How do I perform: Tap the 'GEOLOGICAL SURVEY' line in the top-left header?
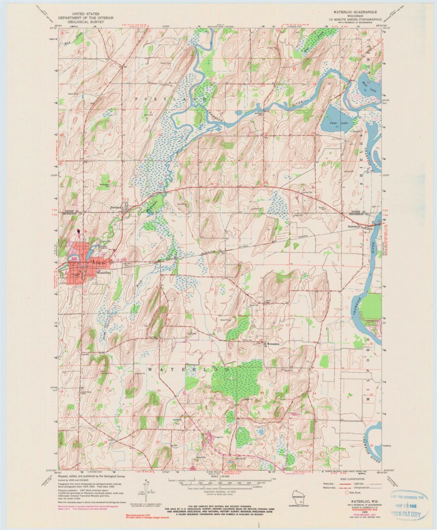78,23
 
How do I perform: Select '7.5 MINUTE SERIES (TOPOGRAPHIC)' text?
352,19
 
